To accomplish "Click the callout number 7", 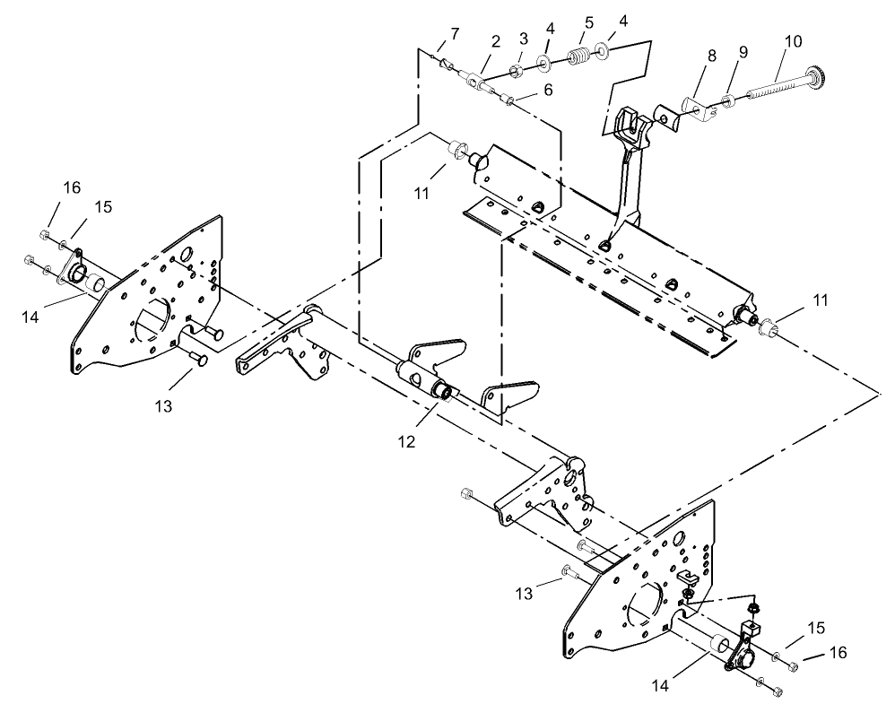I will click(x=455, y=33).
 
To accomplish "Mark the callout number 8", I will click(x=711, y=56).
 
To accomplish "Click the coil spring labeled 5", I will click(x=579, y=58).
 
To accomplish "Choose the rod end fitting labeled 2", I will click(x=477, y=83).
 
